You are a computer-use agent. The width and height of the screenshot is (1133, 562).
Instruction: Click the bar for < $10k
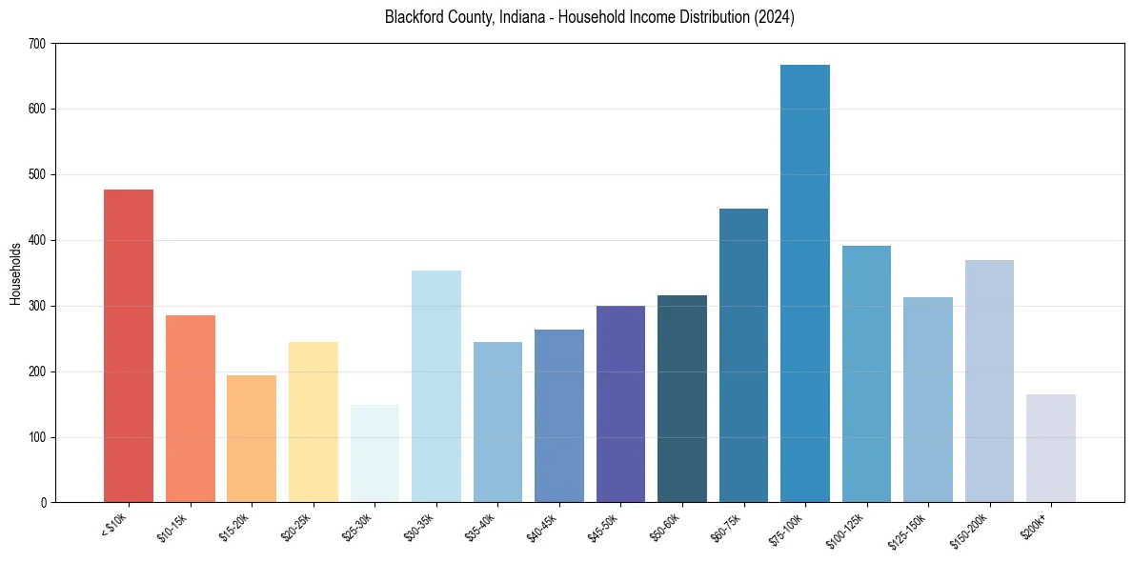(129, 346)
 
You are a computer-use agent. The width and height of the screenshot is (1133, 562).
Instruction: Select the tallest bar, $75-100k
(805, 283)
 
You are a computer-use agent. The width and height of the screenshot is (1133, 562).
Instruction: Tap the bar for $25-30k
(374, 453)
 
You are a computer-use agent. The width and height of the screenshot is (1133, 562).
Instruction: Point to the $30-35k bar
(436, 386)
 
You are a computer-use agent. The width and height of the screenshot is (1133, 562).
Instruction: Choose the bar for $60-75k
(743, 355)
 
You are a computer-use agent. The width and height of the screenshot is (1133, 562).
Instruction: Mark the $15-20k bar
(252, 438)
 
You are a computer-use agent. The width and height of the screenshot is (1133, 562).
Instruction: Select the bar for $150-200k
(989, 381)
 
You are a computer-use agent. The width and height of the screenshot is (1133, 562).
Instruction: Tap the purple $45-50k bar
(620, 404)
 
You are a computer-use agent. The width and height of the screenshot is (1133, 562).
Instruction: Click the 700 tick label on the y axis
(37, 44)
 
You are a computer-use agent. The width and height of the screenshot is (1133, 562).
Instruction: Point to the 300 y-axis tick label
(37, 306)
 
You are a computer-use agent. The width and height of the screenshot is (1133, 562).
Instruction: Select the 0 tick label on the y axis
(44, 503)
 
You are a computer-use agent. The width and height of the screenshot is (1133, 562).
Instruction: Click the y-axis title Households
(15, 272)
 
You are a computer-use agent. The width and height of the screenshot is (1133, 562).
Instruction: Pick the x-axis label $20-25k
(300, 527)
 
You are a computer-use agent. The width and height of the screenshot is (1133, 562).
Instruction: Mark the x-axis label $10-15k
(177, 527)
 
